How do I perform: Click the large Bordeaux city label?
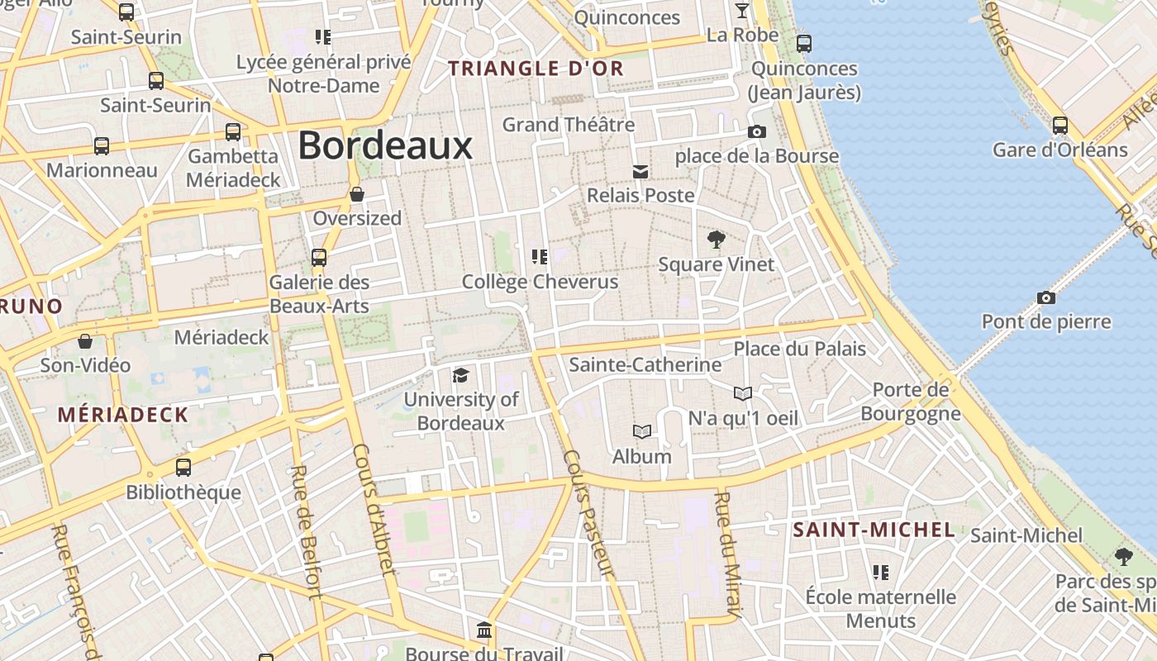(385, 145)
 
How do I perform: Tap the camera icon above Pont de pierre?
(1046, 297)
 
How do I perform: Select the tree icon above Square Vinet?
(717, 240)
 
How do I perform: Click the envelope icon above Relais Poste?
(640, 171)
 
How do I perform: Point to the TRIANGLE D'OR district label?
(536, 69)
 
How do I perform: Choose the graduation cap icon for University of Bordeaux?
(460, 375)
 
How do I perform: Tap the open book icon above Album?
(641, 431)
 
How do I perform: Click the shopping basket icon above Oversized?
(357, 194)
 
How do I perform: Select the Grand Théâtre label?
(569, 125)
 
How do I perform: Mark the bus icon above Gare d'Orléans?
(1059, 126)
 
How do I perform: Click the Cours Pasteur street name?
(588, 513)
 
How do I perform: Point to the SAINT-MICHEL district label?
(874, 530)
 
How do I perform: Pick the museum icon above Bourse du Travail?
(485, 631)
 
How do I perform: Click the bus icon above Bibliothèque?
(183, 467)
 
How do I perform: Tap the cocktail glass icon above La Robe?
(741, 11)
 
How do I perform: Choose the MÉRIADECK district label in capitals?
(123, 415)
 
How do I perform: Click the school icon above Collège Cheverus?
(540, 257)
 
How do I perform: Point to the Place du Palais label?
(799, 349)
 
